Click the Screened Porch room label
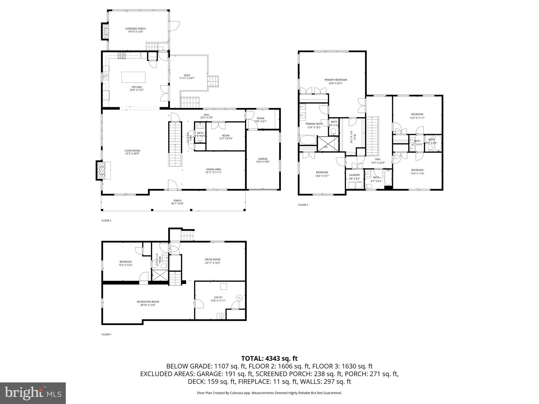click(x=135, y=30)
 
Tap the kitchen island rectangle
click(x=133, y=77)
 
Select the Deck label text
click(x=187, y=77)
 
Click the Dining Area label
click(x=213, y=171)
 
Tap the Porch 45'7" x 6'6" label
click(x=177, y=202)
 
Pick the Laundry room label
click(x=354, y=177)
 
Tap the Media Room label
click(x=212, y=261)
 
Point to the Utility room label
click(x=218, y=299)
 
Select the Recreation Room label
click(x=148, y=303)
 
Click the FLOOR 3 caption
click(x=303, y=205)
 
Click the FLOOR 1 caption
click(x=106, y=335)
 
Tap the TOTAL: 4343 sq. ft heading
click(x=269, y=358)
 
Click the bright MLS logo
click(x=33, y=393)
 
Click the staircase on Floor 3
click(x=372, y=136)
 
